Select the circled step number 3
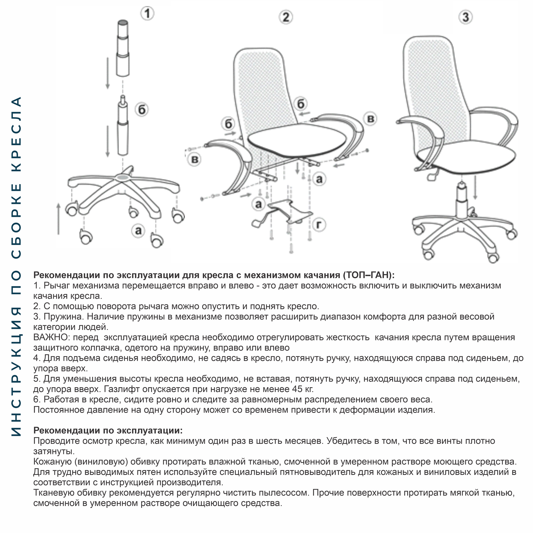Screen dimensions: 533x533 (465, 17)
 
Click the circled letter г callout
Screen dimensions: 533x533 (319, 225)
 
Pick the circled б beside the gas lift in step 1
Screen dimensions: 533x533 (142, 110)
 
